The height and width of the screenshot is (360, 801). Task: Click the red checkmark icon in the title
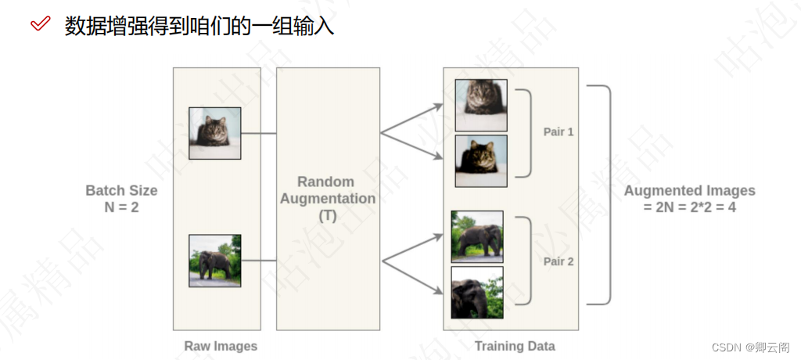40,24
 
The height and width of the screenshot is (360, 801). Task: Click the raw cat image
214,133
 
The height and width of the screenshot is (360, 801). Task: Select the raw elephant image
214,261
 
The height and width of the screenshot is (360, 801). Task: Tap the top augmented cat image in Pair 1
481,105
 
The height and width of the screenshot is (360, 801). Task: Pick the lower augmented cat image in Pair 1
481,160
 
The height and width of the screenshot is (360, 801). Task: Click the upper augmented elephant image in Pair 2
477,236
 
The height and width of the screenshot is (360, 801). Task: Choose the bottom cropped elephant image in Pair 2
477,292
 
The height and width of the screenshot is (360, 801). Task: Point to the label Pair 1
559,131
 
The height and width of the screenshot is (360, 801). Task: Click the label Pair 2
559,261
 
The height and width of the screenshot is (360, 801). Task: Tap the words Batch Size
121,190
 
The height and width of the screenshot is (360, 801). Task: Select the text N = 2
121,207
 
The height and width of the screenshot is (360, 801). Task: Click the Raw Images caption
221,346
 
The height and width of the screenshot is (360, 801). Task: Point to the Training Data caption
515,346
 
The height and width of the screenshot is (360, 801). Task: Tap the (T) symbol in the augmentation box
327,215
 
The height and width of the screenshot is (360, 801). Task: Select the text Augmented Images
689,190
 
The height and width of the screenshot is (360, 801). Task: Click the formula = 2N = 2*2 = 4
689,207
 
